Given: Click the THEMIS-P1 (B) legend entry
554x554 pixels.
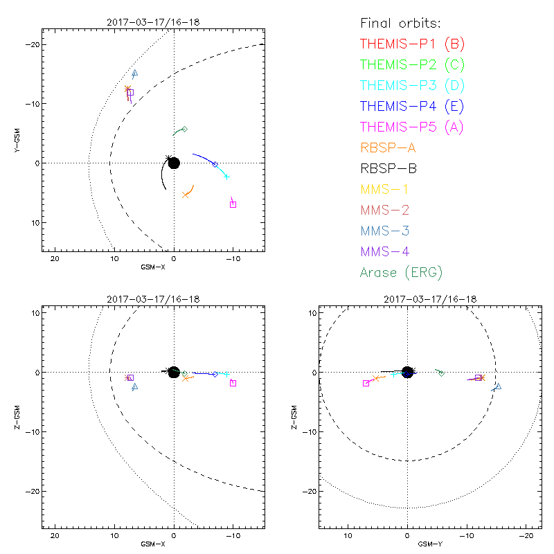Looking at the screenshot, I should (x=412, y=44).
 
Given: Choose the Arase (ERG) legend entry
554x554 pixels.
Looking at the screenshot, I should (x=401, y=272).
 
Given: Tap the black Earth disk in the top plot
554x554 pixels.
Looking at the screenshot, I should (x=174, y=163).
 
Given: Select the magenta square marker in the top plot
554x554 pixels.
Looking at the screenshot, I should (x=233, y=204).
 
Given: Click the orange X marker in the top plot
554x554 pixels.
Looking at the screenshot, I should (x=186, y=195).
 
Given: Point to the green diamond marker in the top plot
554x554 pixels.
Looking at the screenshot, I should (x=184, y=129).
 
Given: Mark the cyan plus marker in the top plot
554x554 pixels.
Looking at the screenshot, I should (x=226, y=177).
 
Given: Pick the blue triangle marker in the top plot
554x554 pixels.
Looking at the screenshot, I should (x=135, y=73).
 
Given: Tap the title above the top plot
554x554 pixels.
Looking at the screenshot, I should (x=153, y=22).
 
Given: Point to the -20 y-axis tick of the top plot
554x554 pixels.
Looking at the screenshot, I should (x=30, y=44).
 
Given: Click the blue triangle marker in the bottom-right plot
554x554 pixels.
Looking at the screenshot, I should (x=497, y=386).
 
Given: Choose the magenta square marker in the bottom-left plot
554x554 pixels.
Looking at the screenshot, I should (x=233, y=383).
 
